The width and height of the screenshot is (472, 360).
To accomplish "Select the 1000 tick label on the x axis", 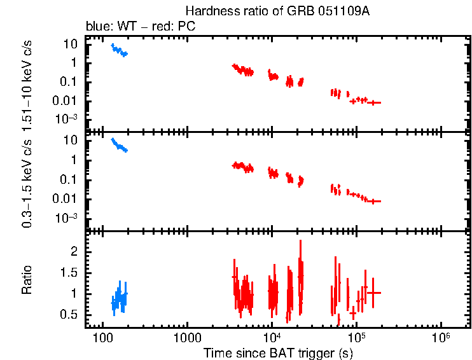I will point(187,336).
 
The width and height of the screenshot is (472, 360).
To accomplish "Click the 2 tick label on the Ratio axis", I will point(74,252).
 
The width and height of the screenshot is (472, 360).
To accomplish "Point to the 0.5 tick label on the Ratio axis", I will point(70,315).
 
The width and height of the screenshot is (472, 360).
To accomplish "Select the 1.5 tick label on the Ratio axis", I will point(70,273).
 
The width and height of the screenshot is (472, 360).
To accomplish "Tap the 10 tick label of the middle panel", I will point(71,140).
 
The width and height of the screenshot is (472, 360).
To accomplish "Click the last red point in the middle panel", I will point(375,201).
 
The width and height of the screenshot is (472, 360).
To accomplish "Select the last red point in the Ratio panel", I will point(373,293).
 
